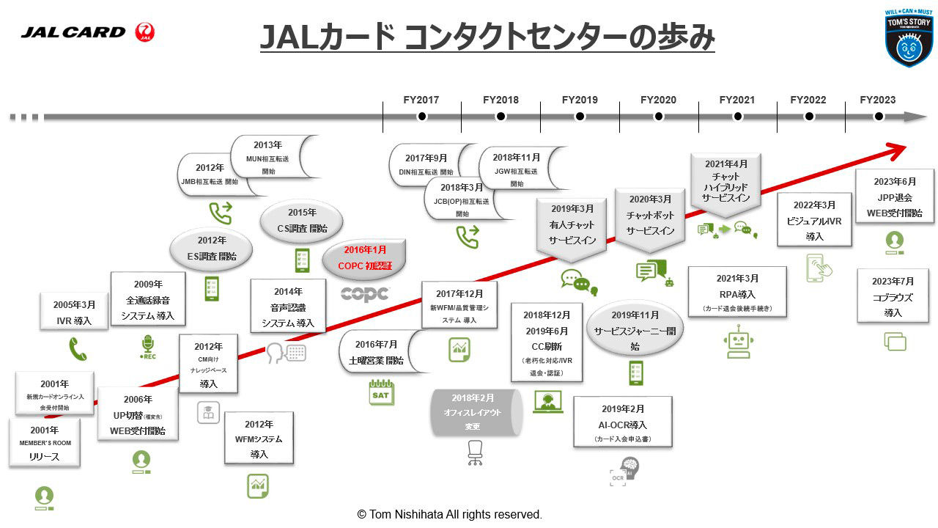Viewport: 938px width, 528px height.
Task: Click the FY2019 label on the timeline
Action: click(x=580, y=100)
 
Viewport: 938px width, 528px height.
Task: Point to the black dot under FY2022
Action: click(x=809, y=117)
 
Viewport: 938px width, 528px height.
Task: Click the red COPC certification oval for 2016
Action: click(x=365, y=258)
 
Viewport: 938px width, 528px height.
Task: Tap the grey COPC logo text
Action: click(x=365, y=294)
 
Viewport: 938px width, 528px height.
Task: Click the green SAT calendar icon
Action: click(x=381, y=392)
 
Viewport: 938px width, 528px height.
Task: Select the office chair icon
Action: click(x=476, y=453)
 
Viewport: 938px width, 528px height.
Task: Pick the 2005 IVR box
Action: click(x=74, y=312)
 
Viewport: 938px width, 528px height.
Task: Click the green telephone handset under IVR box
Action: click(x=78, y=349)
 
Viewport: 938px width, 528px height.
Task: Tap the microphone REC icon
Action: click(x=148, y=346)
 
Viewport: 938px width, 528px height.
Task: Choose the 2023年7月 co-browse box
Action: click(x=893, y=296)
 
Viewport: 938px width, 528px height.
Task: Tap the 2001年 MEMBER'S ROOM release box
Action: click(x=44, y=444)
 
